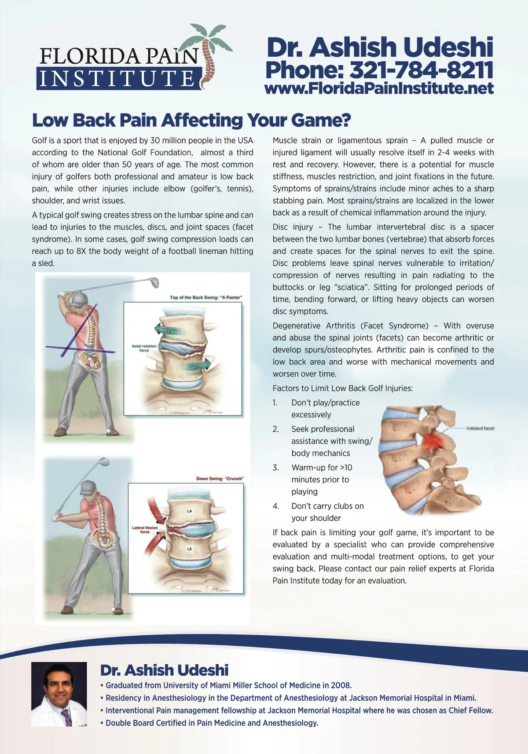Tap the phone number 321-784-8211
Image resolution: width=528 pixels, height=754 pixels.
click(x=421, y=70)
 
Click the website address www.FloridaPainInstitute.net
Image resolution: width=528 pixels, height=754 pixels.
click(x=379, y=88)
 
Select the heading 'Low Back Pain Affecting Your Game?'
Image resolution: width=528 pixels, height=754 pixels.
click(x=191, y=120)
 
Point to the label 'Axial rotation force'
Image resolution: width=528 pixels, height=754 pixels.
click(x=144, y=348)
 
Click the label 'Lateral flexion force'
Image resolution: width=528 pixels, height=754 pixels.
click(x=144, y=530)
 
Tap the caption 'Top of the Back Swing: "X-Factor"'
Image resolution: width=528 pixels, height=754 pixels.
click(x=206, y=297)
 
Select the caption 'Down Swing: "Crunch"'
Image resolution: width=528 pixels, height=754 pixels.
click(x=220, y=478)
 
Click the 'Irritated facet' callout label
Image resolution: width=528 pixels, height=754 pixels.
click(x=480, y=428)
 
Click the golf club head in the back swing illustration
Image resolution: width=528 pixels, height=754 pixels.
click(x=154, y=282)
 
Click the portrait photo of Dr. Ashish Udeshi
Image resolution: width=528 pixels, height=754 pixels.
click(x=59, y=694)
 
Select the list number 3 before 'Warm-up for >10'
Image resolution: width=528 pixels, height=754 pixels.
click(x=276, y=468)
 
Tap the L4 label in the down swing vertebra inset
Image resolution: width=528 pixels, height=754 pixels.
click(x=189, y=511)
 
